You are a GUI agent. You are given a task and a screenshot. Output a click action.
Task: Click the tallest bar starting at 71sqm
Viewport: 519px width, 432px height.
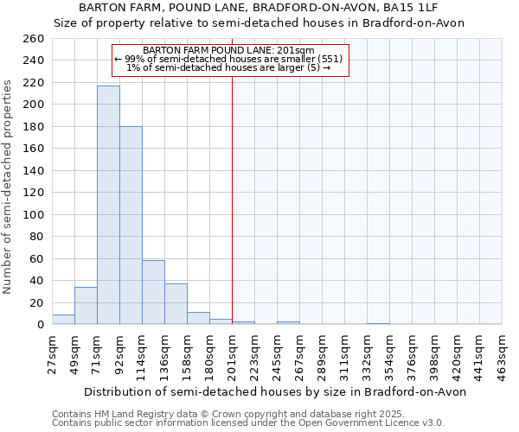[108, 205]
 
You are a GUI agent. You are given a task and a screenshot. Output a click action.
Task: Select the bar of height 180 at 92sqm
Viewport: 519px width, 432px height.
[131, 225]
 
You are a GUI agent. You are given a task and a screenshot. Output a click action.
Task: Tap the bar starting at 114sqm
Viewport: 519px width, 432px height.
[153, 292]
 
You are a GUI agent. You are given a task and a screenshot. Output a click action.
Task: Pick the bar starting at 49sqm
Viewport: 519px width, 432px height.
[86, 306]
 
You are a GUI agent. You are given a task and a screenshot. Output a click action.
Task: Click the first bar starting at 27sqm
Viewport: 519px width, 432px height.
[63, 319]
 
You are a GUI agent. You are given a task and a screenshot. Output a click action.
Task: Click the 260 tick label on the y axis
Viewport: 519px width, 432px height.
[33, 39]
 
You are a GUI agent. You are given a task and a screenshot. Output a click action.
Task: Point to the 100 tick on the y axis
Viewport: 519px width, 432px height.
[33, 215]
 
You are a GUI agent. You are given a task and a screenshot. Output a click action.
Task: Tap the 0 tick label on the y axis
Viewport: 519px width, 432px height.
[40, 325]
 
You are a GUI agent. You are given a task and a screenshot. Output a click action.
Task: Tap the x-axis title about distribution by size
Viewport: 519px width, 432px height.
[277, 391]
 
